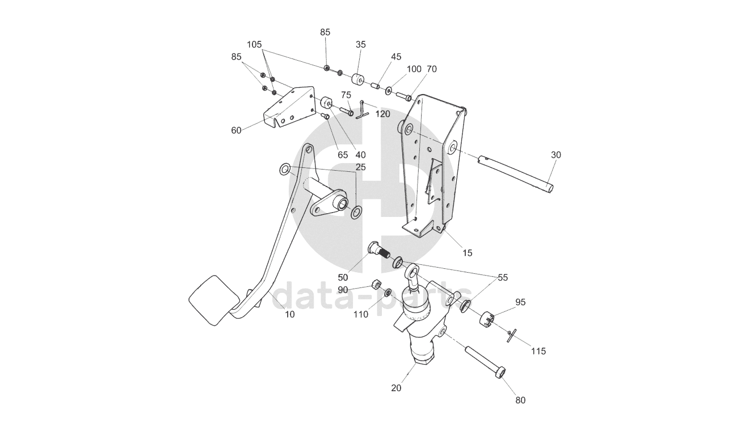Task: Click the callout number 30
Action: pos(555,154)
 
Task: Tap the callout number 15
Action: pos(467,253)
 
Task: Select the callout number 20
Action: pos(396,388)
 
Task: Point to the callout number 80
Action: pos(520,400)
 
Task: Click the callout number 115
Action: pos(538,351)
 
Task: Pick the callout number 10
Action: pos(289,314)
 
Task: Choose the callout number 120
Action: pos(382,114)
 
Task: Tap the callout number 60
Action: pos(236,130)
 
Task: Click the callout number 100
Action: pos(414,69)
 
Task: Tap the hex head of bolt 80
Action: pos(500,373)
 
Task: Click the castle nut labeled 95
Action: pos(489,320)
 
